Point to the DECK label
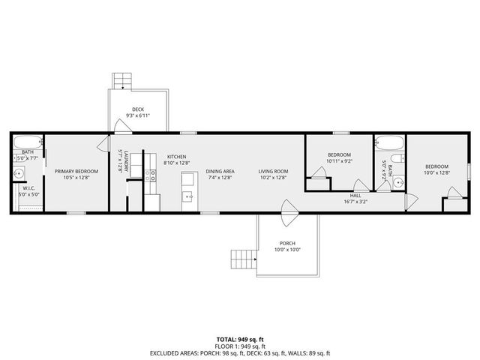click(x=138, y=109)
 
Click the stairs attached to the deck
click(x=121, y=80)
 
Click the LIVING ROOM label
click(x=273, y=171)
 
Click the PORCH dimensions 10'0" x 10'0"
click(x=287, y=250)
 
